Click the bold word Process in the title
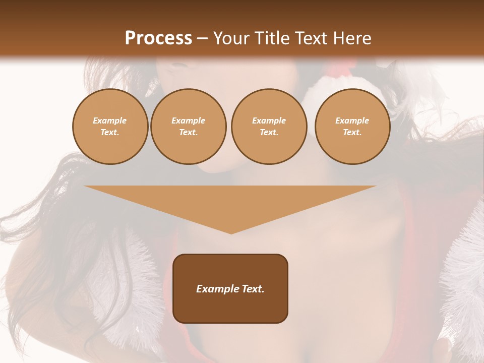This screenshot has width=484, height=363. point(158,38)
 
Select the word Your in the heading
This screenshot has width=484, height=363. point(231,38)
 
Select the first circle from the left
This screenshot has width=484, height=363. point(110,127)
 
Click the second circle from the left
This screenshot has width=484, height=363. point(189,127)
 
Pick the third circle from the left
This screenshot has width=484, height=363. point(269,127)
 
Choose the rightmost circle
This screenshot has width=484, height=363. point(352,127)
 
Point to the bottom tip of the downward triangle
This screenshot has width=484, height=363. point(231,233)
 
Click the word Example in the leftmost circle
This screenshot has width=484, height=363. point(110,120)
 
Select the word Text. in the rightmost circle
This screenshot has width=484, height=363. point(352,133)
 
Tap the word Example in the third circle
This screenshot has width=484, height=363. point(269,120)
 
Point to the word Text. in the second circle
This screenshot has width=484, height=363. point(189,133)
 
